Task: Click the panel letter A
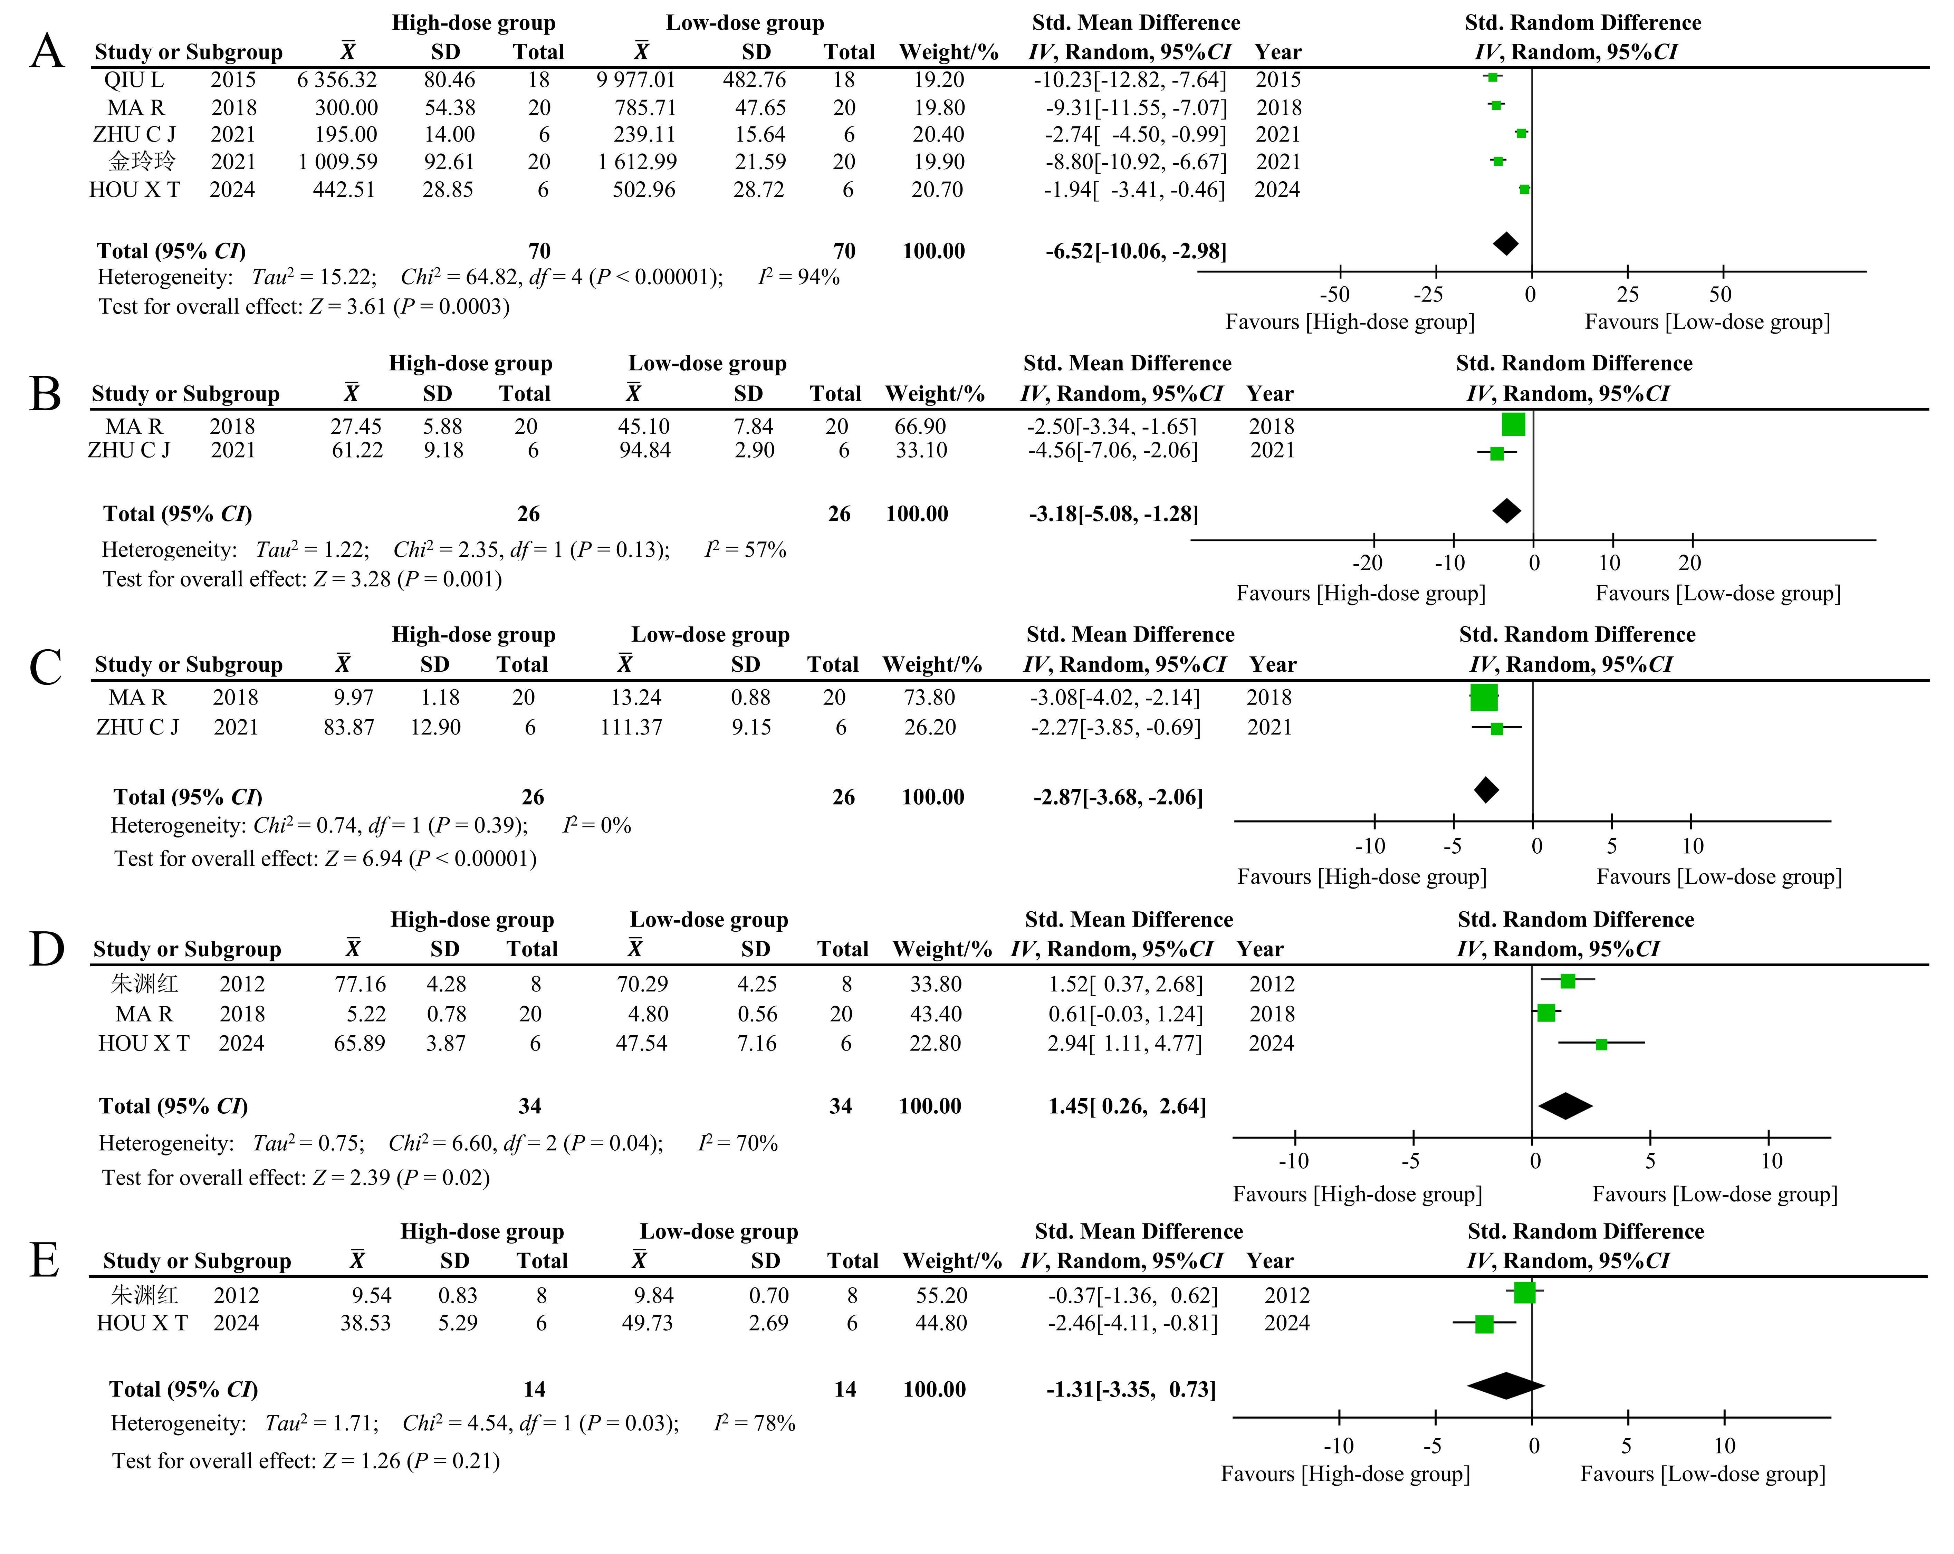pos(47,52)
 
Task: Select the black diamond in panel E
pos(1505,1385)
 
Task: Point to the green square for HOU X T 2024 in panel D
pos(1601,1045)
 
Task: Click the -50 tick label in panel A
pos(1334,295)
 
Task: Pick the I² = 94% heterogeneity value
pos(798,277)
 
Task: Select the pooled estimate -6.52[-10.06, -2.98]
pos(1136,251)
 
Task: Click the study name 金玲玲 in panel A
pos(142,161)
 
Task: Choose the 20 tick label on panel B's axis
pos(1689,563)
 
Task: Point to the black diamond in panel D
pos(1565,1105)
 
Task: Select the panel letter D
pos(47,950)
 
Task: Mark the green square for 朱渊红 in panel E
pos(1524,1293)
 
